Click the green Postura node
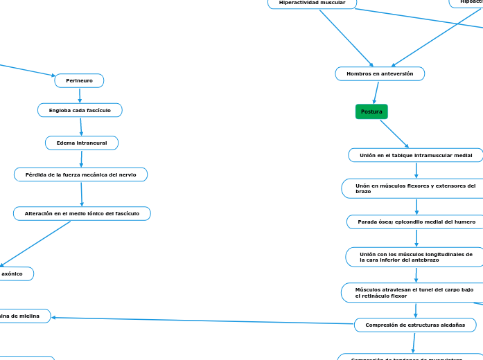click(x=371, y=111)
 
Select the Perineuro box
click(x=79, y=81)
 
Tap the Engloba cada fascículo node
click(x=80, y=110)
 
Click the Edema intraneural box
click(x=82, y=143)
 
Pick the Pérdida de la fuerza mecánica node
click(x=80, y=174)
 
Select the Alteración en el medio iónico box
click(x=82, y=214)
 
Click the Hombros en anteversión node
click(x=380, y=73)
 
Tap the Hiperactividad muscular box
click(x=312, y=3)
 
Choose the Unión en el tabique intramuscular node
click(x=415, y=156)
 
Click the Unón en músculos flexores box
click(x=415, y=188)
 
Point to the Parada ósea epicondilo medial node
click(x=416, y=222)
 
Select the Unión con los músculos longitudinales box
click(x=415, y=257)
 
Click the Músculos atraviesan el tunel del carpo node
click(x=414, y=292)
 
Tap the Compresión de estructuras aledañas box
click(x=415, y=325)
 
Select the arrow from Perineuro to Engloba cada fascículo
click(x=80, y=96)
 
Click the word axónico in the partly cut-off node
click(x=12, y=274)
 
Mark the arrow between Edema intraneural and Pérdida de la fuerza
click(x=82, y=159)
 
